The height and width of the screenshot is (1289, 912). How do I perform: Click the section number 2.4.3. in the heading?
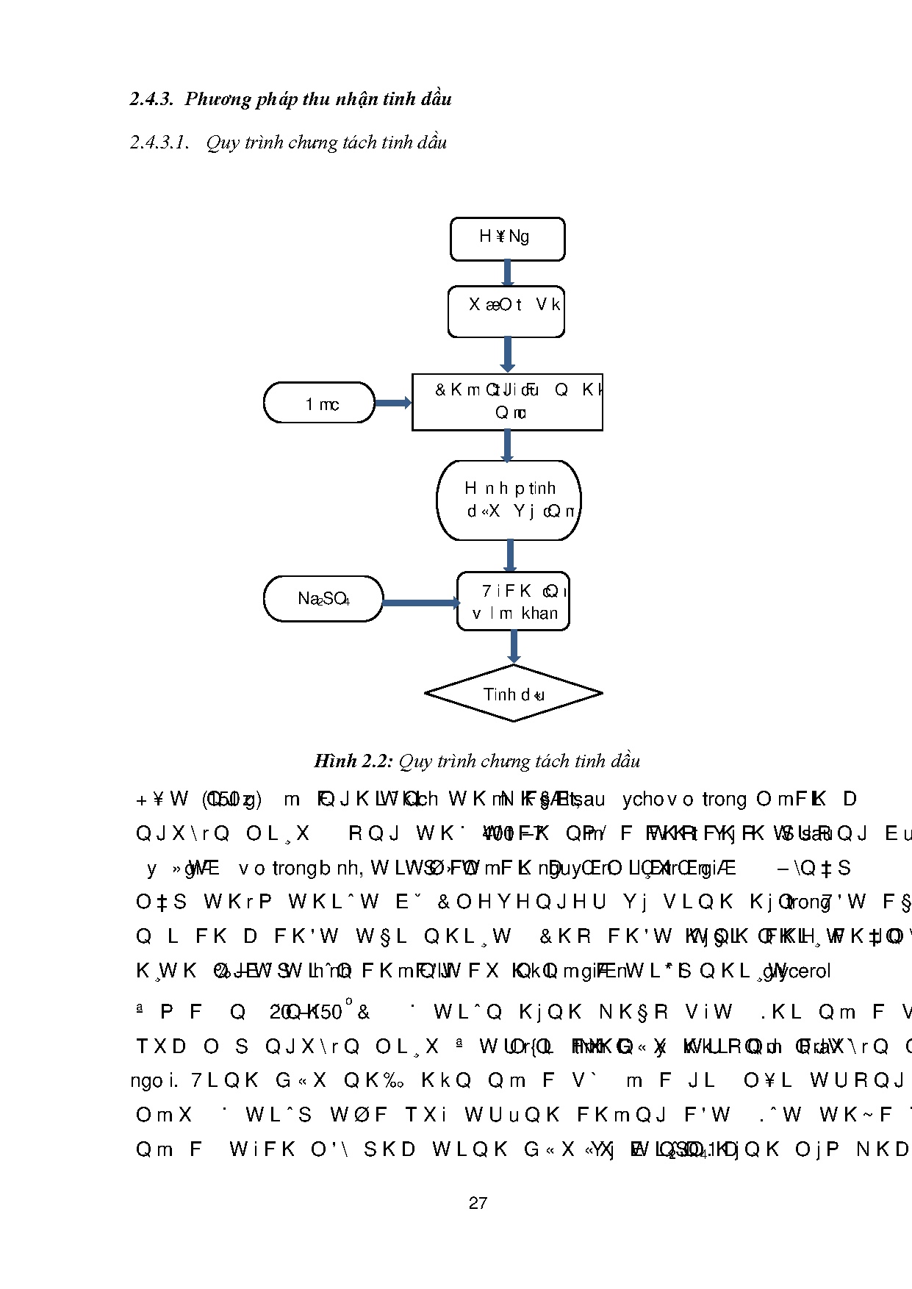pos(151,99)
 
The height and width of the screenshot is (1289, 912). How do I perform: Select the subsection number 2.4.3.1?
pos(159,143)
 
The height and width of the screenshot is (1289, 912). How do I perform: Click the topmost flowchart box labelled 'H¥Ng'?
pos(507,239)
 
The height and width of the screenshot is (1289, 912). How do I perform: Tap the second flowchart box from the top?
pos(506,312)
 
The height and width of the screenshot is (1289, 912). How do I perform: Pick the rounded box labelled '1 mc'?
pos(320,403)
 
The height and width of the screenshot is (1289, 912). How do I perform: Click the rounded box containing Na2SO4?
pos(323,599)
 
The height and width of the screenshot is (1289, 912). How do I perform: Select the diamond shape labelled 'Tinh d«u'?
pos(513,694)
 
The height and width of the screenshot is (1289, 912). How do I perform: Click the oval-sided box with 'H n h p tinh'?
pos(509,500)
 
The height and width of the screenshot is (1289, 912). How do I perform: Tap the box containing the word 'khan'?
pos(513,601)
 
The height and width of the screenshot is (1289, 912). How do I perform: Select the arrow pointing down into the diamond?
pos(514,647)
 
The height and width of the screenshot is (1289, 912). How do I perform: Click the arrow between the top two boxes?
pos(507,273)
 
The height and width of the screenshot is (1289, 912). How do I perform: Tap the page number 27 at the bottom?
pos(478,1203)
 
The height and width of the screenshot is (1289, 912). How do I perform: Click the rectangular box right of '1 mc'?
pos(507,402)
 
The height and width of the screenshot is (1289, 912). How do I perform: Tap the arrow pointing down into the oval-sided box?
pos(507,445)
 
